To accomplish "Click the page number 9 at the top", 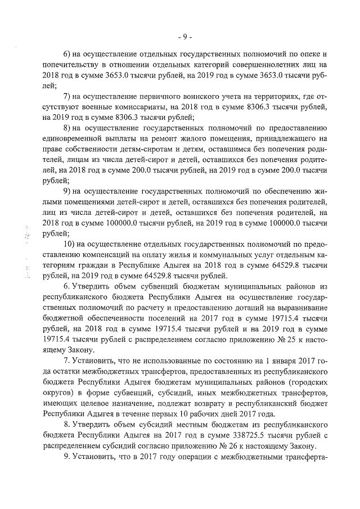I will pyautogui.click(x=185, y=37).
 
